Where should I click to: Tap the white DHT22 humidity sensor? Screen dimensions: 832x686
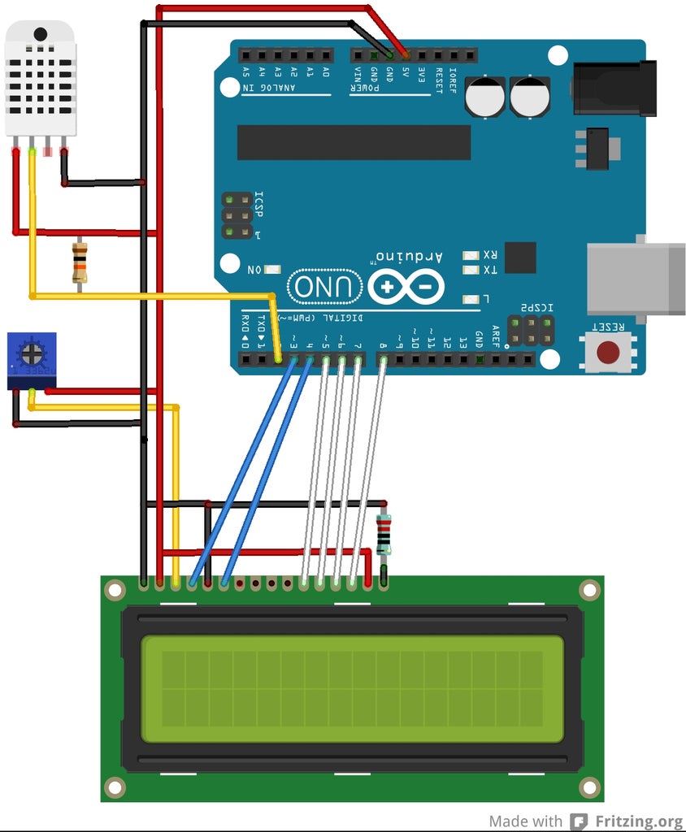coord(41,78)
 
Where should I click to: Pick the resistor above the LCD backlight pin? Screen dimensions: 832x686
coord(384,535)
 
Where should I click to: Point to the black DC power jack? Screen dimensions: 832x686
coord(614,88)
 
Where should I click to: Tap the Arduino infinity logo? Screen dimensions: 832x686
coord(406,286)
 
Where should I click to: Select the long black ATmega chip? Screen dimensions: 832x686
coord(354,142)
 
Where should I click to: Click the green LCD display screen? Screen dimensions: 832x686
coord(352,689)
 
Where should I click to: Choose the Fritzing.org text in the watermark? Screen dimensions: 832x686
coord(638,821)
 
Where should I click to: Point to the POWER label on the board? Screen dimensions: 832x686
coord(366,89)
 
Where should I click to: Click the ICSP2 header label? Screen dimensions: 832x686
coord(537,307)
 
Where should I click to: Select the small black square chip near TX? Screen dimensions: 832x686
coord(520,258)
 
